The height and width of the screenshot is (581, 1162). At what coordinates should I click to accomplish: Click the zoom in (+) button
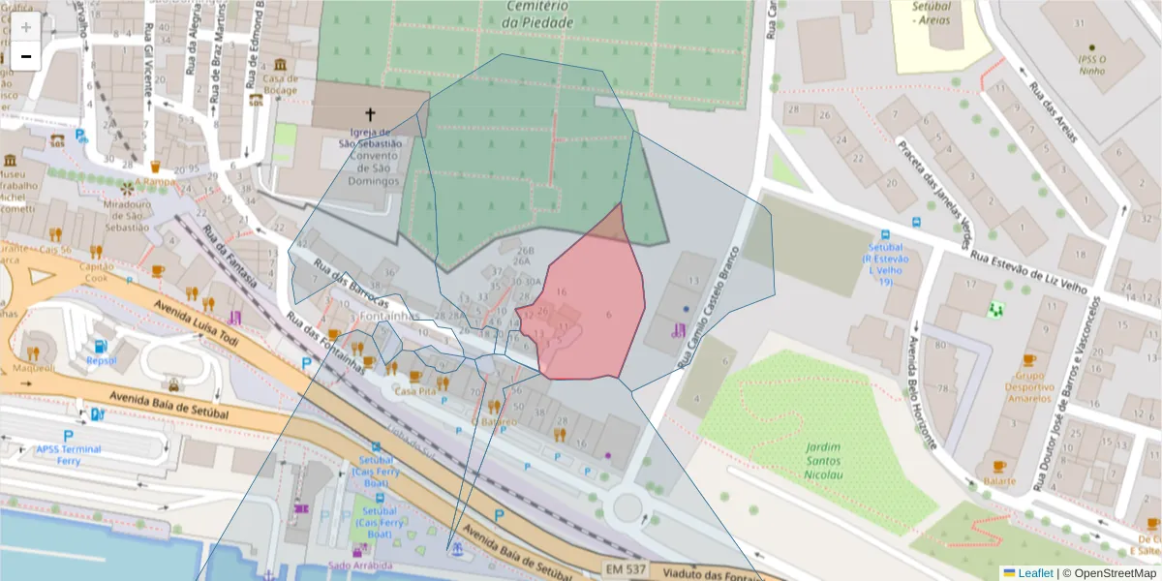click(25, 27)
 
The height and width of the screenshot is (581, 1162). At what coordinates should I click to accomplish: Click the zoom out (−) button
click(25, 56)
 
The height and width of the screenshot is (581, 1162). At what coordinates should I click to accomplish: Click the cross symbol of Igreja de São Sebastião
click(369, 114)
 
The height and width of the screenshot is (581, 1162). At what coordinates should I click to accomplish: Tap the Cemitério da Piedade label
click(538, 14)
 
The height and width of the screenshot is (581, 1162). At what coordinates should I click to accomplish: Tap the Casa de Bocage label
click(280, 85)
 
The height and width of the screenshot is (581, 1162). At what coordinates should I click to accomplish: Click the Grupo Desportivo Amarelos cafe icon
click(1028, 360)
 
